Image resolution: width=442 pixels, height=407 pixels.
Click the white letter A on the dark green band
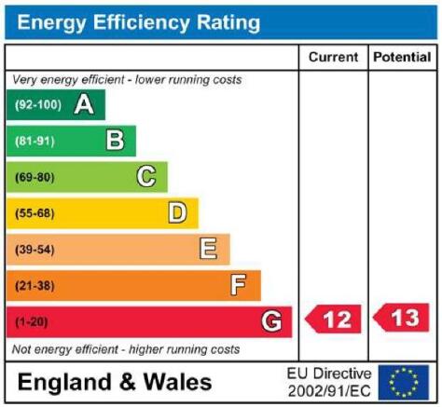84,104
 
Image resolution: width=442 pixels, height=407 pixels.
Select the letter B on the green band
115,141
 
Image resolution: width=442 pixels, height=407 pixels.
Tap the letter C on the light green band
146,176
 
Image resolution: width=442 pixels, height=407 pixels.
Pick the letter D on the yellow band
177,212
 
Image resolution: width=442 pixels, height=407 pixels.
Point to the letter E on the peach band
208,249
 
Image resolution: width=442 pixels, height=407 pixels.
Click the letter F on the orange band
238,285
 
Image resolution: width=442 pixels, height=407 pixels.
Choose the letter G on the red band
271,321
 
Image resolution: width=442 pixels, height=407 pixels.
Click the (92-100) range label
38,105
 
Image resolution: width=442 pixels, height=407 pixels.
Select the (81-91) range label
35,142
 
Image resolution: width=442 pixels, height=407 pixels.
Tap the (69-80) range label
35,177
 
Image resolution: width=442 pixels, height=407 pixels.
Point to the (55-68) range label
35,213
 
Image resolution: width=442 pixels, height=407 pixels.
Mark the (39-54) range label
35,250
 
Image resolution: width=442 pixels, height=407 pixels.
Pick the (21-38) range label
35,286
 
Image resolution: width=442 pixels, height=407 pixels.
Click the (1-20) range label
32,322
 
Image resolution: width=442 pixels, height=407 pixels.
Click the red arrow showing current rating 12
333,319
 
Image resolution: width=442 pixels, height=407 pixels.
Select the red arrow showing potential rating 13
401,318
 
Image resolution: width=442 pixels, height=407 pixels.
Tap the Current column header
333,57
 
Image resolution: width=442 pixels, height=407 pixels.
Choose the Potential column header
402,57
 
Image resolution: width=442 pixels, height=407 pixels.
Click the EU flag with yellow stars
404,383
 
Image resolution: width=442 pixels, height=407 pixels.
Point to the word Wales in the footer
178,382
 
